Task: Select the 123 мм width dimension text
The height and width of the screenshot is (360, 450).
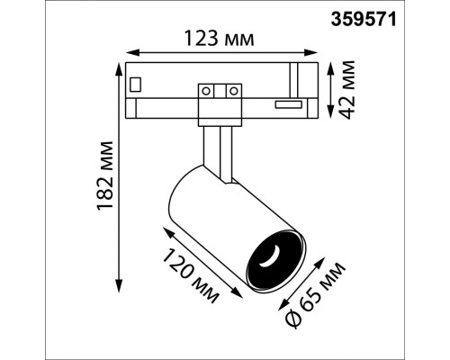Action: [220, 38]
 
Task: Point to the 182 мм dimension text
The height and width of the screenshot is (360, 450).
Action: [106, 171]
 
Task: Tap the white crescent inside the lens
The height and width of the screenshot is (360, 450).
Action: [268, 260]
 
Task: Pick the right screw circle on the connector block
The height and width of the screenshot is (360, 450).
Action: [233, 90]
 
